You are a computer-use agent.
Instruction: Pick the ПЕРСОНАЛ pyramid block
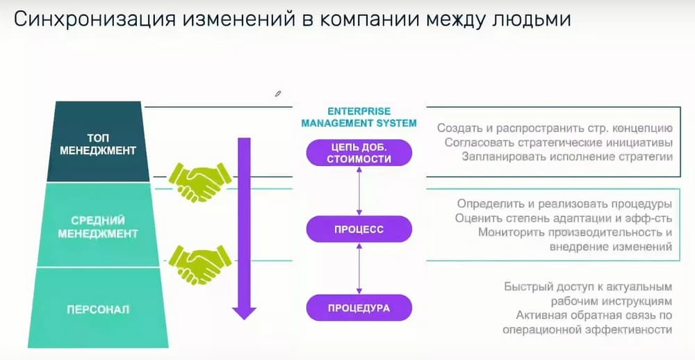click(x=98, y=308)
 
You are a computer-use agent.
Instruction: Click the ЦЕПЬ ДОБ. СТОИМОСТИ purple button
click(x=359, y=152)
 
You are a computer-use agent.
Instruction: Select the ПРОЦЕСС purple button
click(x=359, y=229)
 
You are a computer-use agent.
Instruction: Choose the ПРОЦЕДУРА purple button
click(x=359, y=306)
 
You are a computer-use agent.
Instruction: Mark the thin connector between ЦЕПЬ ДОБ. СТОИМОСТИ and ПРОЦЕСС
click(x=359, y=190)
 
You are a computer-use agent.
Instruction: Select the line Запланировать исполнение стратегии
click(x=566, y=156)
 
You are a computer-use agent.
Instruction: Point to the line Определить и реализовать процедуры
click(x=564, y=204)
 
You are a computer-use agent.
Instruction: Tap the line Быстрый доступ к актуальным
click(x=588, y=287)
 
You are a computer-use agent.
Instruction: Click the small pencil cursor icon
click(x=277, y=93)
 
